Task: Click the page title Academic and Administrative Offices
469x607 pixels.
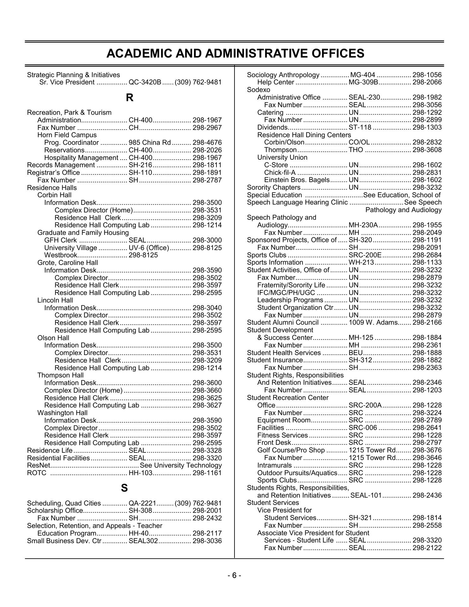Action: (235, 53)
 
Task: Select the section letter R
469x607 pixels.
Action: (130, 98)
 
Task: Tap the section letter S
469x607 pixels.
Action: (125, 488)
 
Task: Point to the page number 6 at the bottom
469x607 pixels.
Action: (234, 576)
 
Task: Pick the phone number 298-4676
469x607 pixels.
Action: (207, 143)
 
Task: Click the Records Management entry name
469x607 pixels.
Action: (61, 165)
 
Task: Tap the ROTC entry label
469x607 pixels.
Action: (37, 473)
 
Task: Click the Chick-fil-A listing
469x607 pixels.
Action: (280, 173)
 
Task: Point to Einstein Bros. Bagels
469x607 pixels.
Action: (297, 180)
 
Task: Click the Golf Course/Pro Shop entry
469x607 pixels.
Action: (291, 450)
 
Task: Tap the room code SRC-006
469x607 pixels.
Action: (363, 428)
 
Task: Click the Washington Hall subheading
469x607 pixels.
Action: (62, 413)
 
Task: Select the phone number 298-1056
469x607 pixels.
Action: (427, 75)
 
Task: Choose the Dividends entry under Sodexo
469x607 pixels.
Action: (272, 127)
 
